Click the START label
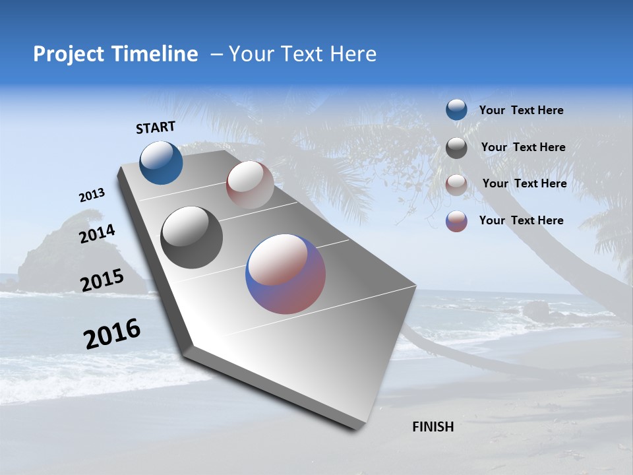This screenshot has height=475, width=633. (x=156, y=127)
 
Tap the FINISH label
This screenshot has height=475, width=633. (x=433, y=427)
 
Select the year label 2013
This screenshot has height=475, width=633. (x=92, y=195)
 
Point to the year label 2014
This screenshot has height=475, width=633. (x=97, y=234)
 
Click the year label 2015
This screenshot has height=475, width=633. (x=102, y=280)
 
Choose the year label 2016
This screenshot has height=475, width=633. (x=112, y=334)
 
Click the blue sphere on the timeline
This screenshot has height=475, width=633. (x=161, y=162)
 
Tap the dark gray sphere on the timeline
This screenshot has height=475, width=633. (x=191, y=237)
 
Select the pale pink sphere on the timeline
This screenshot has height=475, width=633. (x=250, y=185)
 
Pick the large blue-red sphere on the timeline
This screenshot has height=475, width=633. (x=286, y=274)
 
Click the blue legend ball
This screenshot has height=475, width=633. (x=456, y=110)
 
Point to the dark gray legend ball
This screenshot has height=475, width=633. (x=456, y=148)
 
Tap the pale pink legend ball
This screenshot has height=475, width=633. (x=456, y=185)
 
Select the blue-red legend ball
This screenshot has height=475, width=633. (x=456, y=221)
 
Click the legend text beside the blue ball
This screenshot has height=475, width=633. (x=521, y=111)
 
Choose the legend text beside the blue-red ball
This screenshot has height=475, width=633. (x=521, y=220)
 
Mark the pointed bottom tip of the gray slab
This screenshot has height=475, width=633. (x=357, y=427)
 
